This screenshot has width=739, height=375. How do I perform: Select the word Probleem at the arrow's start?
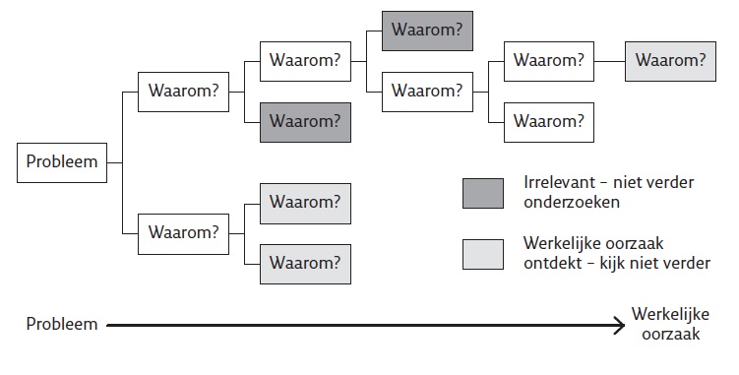(x=61, y=324)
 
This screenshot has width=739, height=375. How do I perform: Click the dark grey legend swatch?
(x=484, y=193)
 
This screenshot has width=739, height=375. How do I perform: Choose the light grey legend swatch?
(x=484, y=253)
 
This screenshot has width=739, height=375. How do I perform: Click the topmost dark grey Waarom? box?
(x=426, y=31)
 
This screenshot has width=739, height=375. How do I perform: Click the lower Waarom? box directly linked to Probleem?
(x=183, y=233)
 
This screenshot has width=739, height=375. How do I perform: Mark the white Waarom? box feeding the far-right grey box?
(x=547, y=60)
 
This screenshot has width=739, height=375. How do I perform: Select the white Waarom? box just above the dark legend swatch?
(x=547, y=122)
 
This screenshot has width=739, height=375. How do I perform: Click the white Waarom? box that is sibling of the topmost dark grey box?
(x=426, y=91)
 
